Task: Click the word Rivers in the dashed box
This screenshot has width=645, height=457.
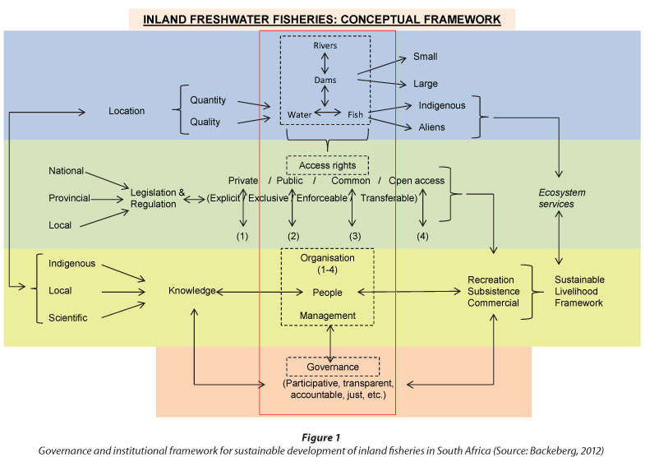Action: click(x=325, y=46)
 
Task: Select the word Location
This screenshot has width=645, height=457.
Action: click(x=127, y=111)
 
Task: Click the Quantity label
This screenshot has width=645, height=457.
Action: click(x=209, y=101)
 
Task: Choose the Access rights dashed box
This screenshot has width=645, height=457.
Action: click(x=327, y=164)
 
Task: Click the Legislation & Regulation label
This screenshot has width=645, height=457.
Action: click(x=153, y=197)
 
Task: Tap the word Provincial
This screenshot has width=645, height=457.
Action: click(x=68, y=198)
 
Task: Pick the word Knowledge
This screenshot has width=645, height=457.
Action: click(x=194, y=291)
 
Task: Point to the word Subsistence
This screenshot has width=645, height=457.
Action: click(x=494, y=291)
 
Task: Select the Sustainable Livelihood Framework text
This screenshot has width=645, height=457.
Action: click(x=578, y=291)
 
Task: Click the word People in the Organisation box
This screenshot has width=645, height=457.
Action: click(x=327, y=292)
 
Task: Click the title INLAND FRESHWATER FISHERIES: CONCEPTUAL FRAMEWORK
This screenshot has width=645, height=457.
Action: click(x=322, y=17)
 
